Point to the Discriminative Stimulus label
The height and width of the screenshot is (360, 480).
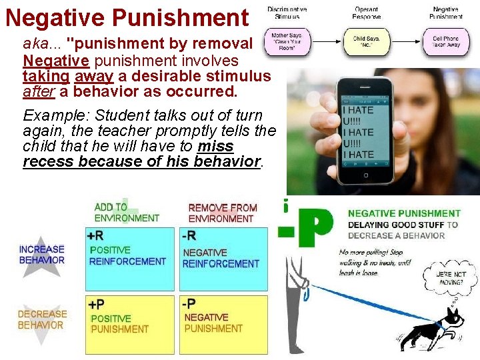click(x=287, y=13)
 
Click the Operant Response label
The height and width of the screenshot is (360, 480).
click(x=367, y=13)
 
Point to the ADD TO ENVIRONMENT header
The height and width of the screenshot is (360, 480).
click(x=127, y=213)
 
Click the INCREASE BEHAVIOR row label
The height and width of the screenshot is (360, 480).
click(x=42, y=254)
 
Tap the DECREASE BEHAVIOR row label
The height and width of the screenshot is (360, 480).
click(x=42, y=319)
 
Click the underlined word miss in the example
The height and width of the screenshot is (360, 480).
click(x=215, y=146)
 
